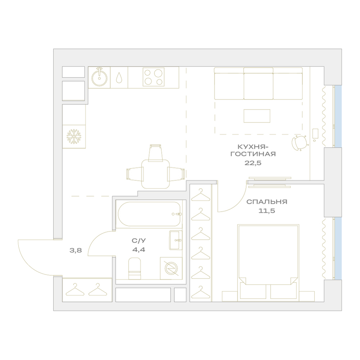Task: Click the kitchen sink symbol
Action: [x=99, y=78]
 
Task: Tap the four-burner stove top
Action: [x=154, y=77]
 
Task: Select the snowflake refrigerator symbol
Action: [x=74, y=136]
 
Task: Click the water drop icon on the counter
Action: [x=119, y=78]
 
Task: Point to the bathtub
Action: [x=149, y=214]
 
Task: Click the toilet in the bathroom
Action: [x=135, y=269]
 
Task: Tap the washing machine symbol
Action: [x=171, y=268]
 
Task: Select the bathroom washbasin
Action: [x=176, y=240]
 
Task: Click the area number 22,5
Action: [x=253, y=163]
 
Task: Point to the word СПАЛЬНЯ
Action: [x=267, y=202]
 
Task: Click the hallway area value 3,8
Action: [x=76, y=250]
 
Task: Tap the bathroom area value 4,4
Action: [x=139, y=249]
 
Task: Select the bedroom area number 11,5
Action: [x=267, y=211]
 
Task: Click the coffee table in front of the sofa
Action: [x=257, y=116]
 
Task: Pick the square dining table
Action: [x=156, y=174]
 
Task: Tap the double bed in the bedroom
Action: [x=268, y=262]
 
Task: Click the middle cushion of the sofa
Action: [x=258, y=84]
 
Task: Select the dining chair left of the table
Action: [x=135, y=174]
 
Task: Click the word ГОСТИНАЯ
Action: [x=253, y=154]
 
